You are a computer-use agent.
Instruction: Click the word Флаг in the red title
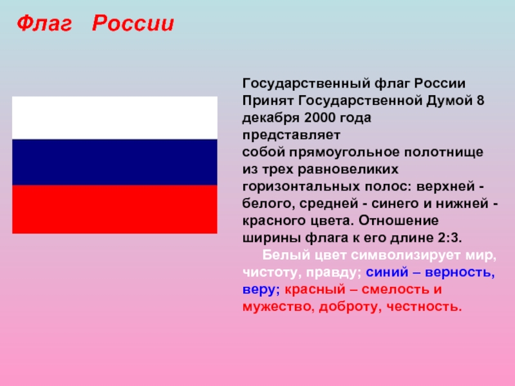44,24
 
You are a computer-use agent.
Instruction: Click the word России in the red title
133,23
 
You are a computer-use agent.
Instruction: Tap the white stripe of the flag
115,118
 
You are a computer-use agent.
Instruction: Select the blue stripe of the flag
115,162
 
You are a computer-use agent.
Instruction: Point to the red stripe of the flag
115,209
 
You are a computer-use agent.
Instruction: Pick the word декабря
271,118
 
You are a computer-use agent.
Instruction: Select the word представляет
292,136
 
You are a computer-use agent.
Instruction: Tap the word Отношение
398,221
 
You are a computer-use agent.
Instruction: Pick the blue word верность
460,272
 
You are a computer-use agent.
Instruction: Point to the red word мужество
276,307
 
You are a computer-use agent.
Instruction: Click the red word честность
424,307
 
